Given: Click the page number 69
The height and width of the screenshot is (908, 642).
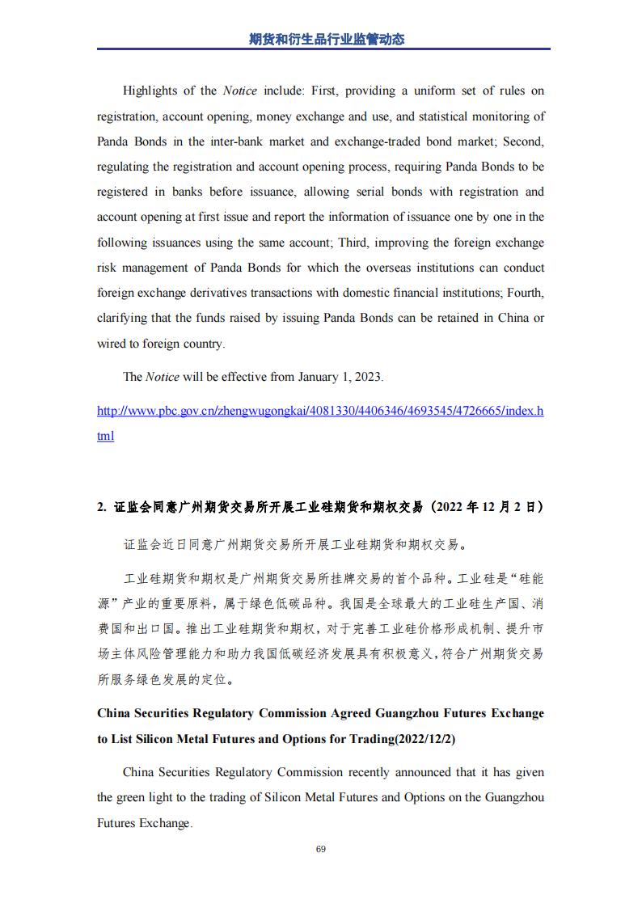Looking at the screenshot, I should click(320, 849).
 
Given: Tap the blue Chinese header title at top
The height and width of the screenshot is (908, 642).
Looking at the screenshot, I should click(320, 38).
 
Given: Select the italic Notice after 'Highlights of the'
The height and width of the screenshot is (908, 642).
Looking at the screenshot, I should click(239, 91).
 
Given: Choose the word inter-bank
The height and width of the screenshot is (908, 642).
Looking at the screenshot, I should click(243, 141).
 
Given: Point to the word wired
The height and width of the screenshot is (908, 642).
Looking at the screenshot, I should click(113, 344).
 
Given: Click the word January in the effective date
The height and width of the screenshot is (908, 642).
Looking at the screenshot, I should click(319, 377).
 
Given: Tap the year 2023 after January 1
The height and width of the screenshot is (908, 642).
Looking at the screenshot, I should click(368, 377).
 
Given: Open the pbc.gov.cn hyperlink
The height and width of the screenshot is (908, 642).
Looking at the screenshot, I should click(320, 411).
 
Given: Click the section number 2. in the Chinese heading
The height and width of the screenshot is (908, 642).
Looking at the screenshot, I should click(102, 507).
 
